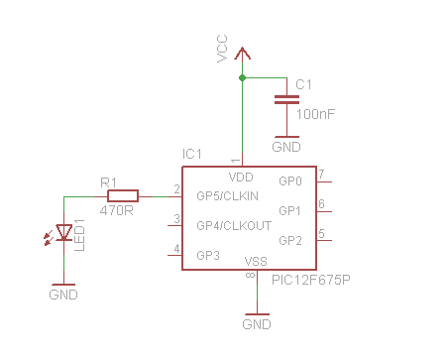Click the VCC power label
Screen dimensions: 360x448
point(223,51)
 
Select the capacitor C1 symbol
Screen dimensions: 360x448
point(285,98)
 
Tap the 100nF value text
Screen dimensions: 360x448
point(315,115)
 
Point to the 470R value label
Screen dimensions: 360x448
point(117,210)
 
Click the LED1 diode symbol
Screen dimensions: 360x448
point(65,233)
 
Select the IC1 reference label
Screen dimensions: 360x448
point(192,155)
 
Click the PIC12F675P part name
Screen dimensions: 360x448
point(310,281)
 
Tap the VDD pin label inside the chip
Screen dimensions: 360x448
point(241,178)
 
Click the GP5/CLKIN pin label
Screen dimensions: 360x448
point(227,195)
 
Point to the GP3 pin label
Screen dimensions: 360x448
point(208,255)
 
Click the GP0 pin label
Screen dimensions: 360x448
point(289,181)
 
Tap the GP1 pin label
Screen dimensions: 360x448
point(289,211)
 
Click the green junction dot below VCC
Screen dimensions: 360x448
point(241,77)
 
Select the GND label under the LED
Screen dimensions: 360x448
point(62,295)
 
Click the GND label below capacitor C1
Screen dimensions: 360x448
point(285,146)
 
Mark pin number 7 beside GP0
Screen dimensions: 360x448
point(321,175)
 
